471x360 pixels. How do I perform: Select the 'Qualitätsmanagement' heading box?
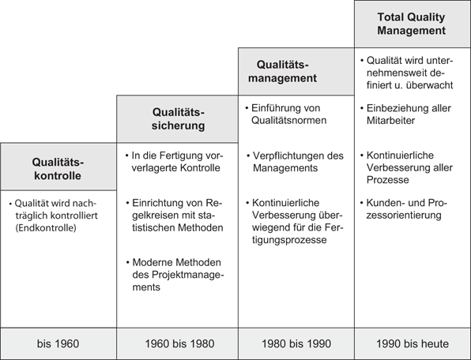(x=294, y=70)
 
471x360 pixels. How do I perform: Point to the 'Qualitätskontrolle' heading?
(x=58, y=167)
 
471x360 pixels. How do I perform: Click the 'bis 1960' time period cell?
(x=58, y=343)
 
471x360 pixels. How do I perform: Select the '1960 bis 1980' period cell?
(x=177, y=343)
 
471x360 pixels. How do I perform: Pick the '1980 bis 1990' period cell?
(x=296, y=343)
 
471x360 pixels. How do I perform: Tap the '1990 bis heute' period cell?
(x=412, y=343)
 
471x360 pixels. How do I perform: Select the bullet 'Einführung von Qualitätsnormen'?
(x=285, y=115)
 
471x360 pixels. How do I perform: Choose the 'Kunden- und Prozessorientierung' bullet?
(x=407, y=210)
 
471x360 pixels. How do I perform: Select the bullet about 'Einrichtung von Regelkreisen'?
(x=175, y=216)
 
